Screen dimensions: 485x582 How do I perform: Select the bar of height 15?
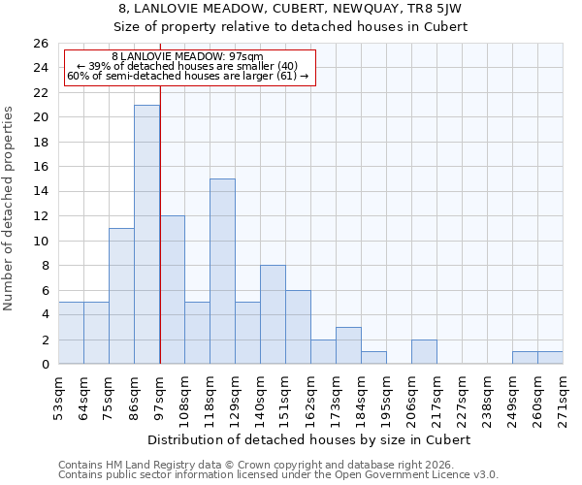click(222, 272)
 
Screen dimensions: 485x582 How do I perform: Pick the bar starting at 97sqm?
click(172, 290)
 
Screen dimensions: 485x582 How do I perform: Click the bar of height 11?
click(121, 296)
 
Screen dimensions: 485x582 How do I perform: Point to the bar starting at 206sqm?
click(424, 352)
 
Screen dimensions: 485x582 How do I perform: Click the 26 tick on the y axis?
click(40, 44)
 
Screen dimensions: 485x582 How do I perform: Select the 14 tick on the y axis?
click(40, 192)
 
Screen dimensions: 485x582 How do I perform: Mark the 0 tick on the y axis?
click(44, 365)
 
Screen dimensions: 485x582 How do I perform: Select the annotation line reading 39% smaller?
click(187, 66)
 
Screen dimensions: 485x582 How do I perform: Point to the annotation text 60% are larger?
click(187, 76)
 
